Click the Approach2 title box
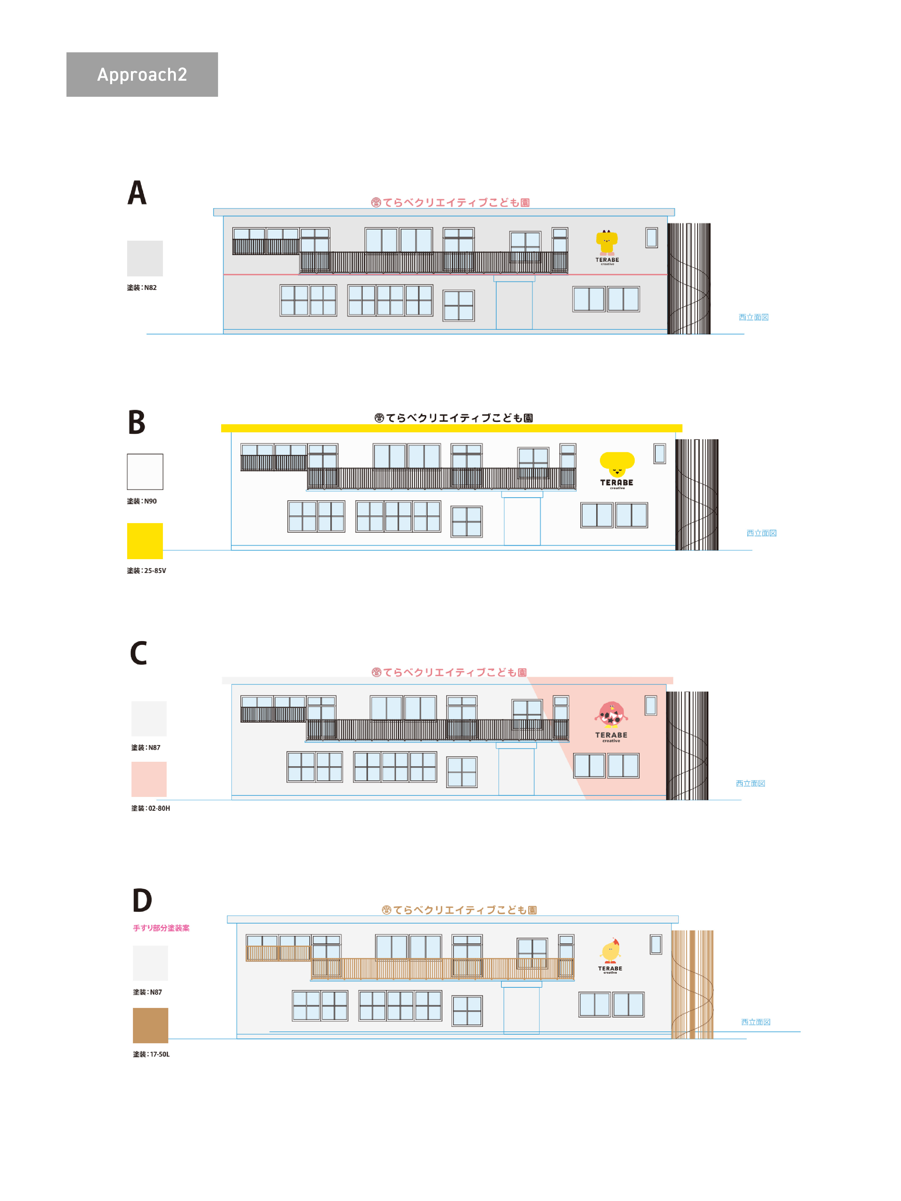142,74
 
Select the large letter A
137,193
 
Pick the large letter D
142,900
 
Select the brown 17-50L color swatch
151,1025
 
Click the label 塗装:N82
142,288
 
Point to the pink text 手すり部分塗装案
161,928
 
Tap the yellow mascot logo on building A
607,242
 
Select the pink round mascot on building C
612,714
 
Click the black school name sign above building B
454,418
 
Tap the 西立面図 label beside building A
753,317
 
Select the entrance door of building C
516,771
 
